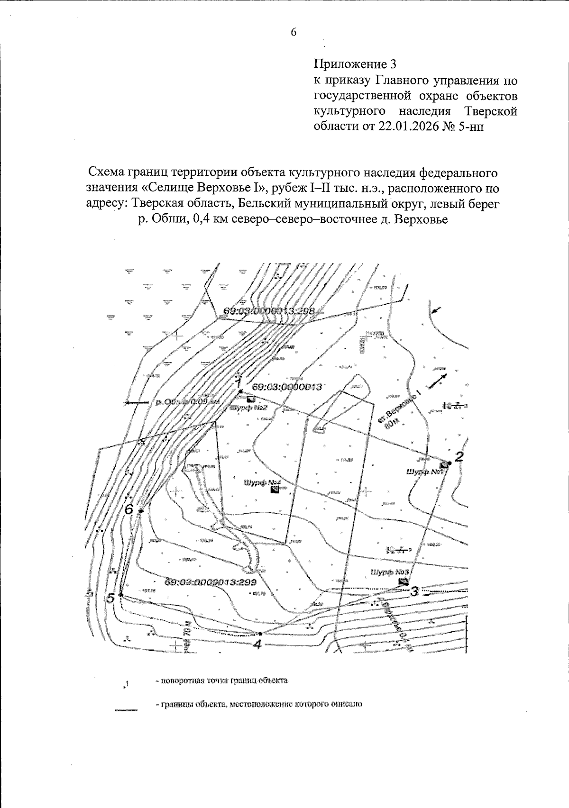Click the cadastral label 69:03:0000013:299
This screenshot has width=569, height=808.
tap(211, 582)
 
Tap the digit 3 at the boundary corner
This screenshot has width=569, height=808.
tap(414, 590)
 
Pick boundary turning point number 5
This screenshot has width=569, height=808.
tap(121, 594)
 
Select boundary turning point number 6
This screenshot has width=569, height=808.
tap(141, 510)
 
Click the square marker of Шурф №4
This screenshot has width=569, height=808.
tap(275, 491)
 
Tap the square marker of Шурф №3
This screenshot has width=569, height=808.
tap(404, 581)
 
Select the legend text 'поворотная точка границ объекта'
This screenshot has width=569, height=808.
tap(221, 681)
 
